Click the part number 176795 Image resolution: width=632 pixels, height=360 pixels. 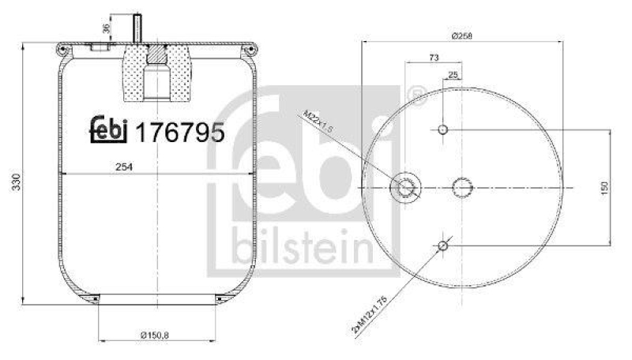(181, 132)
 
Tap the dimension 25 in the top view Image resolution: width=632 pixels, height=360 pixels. (453, 75)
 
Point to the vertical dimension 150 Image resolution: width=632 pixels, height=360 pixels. (604, 188)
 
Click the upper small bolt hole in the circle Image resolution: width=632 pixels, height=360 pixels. (443, 129)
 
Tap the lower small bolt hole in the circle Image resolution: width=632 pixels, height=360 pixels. (443, 247)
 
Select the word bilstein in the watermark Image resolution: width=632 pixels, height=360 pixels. (303, 248)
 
